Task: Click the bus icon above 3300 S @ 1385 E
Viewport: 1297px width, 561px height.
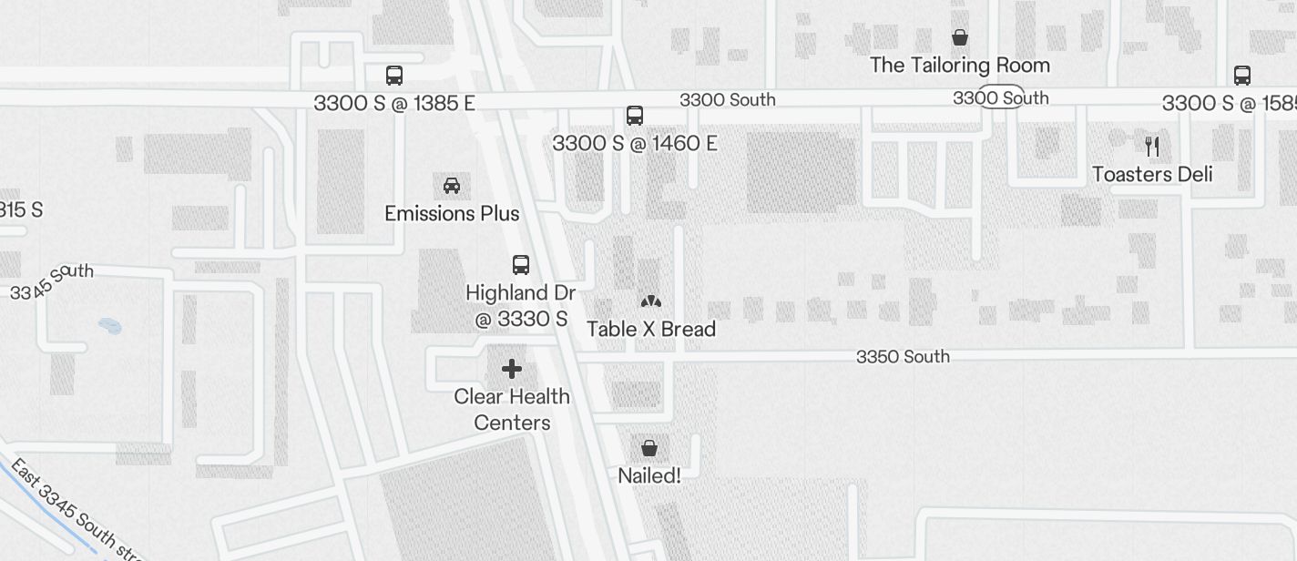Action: coord(394,76)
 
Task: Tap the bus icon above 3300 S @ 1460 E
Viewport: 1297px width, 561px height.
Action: coord(635,116)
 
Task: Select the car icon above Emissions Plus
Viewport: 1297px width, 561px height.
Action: coord(451,186)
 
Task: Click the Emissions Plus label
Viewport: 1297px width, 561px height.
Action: coord(452,214)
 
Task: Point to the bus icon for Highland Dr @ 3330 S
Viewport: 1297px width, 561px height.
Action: coord(521,265)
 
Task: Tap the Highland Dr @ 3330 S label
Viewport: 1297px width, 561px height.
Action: coord(521,306)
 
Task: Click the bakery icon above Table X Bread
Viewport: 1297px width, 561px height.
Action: coord(650,301)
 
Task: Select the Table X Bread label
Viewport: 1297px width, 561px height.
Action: coord(651,329)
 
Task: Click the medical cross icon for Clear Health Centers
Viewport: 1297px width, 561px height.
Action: coord(512,369)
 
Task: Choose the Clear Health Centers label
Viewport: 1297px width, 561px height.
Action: coord(512,410)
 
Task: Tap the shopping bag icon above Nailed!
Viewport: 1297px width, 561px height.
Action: coord(649,447)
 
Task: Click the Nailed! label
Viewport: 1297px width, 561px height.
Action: coord(649,475)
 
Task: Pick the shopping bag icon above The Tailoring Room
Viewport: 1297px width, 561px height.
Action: coord(959,37)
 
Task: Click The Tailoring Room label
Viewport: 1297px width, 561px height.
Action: coord(960,66)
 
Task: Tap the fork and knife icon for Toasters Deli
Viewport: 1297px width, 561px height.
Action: coord(1152,146)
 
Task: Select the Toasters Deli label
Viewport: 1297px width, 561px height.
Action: coord(1152,174)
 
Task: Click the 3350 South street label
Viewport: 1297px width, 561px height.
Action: coord(903,357)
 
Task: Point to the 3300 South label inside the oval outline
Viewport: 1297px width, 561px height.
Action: coord(1001,97)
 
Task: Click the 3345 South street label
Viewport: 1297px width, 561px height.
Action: coord(52,282)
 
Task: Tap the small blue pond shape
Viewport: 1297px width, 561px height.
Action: coord(109,325)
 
